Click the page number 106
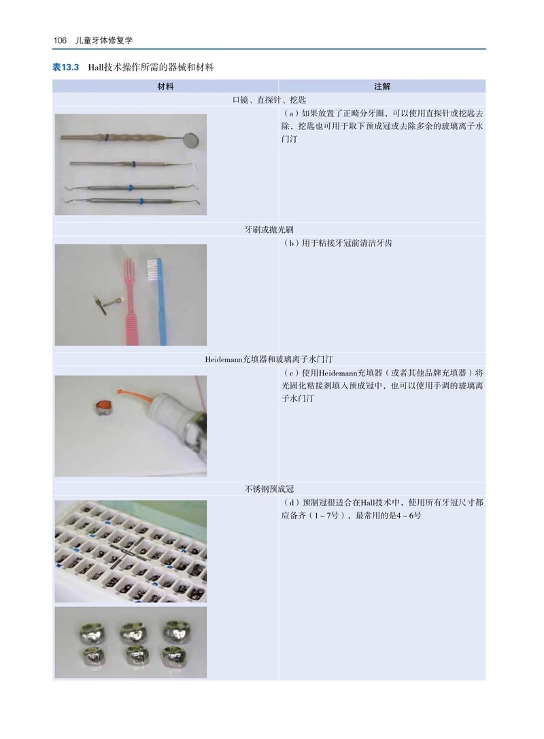[60, 41]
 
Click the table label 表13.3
[65, 67]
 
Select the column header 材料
[165, 86]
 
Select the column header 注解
[382, 86]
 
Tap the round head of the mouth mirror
[190, 139]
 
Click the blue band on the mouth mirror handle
[107, 138]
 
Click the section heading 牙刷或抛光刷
[269, 230]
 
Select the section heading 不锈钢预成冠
[269, 489]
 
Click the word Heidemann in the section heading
[223, 359]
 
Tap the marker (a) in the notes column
[292, 114]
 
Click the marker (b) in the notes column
[292, 244]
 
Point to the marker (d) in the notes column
[292, 503]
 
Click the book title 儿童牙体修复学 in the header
[104, 41]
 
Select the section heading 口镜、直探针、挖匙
[269, 100]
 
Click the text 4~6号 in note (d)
[409, 516]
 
